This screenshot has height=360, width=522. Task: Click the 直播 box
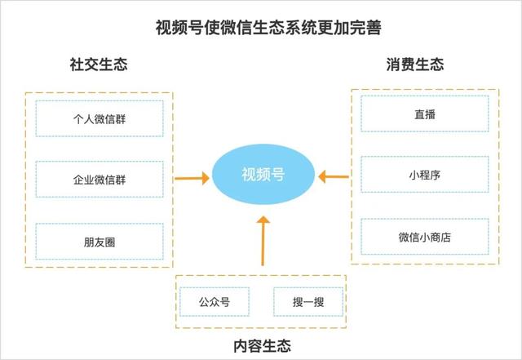(424, 115)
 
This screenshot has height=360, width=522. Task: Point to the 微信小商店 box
(424, 237)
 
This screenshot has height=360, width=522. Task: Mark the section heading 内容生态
(263, 344)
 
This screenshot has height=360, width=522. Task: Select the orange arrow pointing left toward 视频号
(334, 176)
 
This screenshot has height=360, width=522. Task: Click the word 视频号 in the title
(175, 28)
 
